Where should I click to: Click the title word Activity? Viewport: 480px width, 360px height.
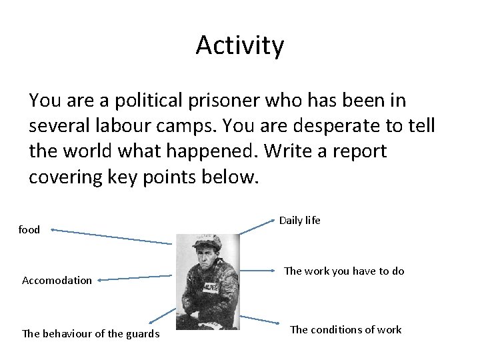click(x=240, y=46)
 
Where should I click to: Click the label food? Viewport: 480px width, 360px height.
click(x=29, y=230)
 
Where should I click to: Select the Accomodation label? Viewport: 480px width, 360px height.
click(x=57, y=280)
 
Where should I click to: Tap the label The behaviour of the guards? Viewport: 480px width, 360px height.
click(x=91, y=333)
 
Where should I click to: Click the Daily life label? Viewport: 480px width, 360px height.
click(x=299, y=219)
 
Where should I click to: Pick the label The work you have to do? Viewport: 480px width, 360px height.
click(x=344, y=271)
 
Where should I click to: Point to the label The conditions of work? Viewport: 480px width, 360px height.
click(x=345, y=329)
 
